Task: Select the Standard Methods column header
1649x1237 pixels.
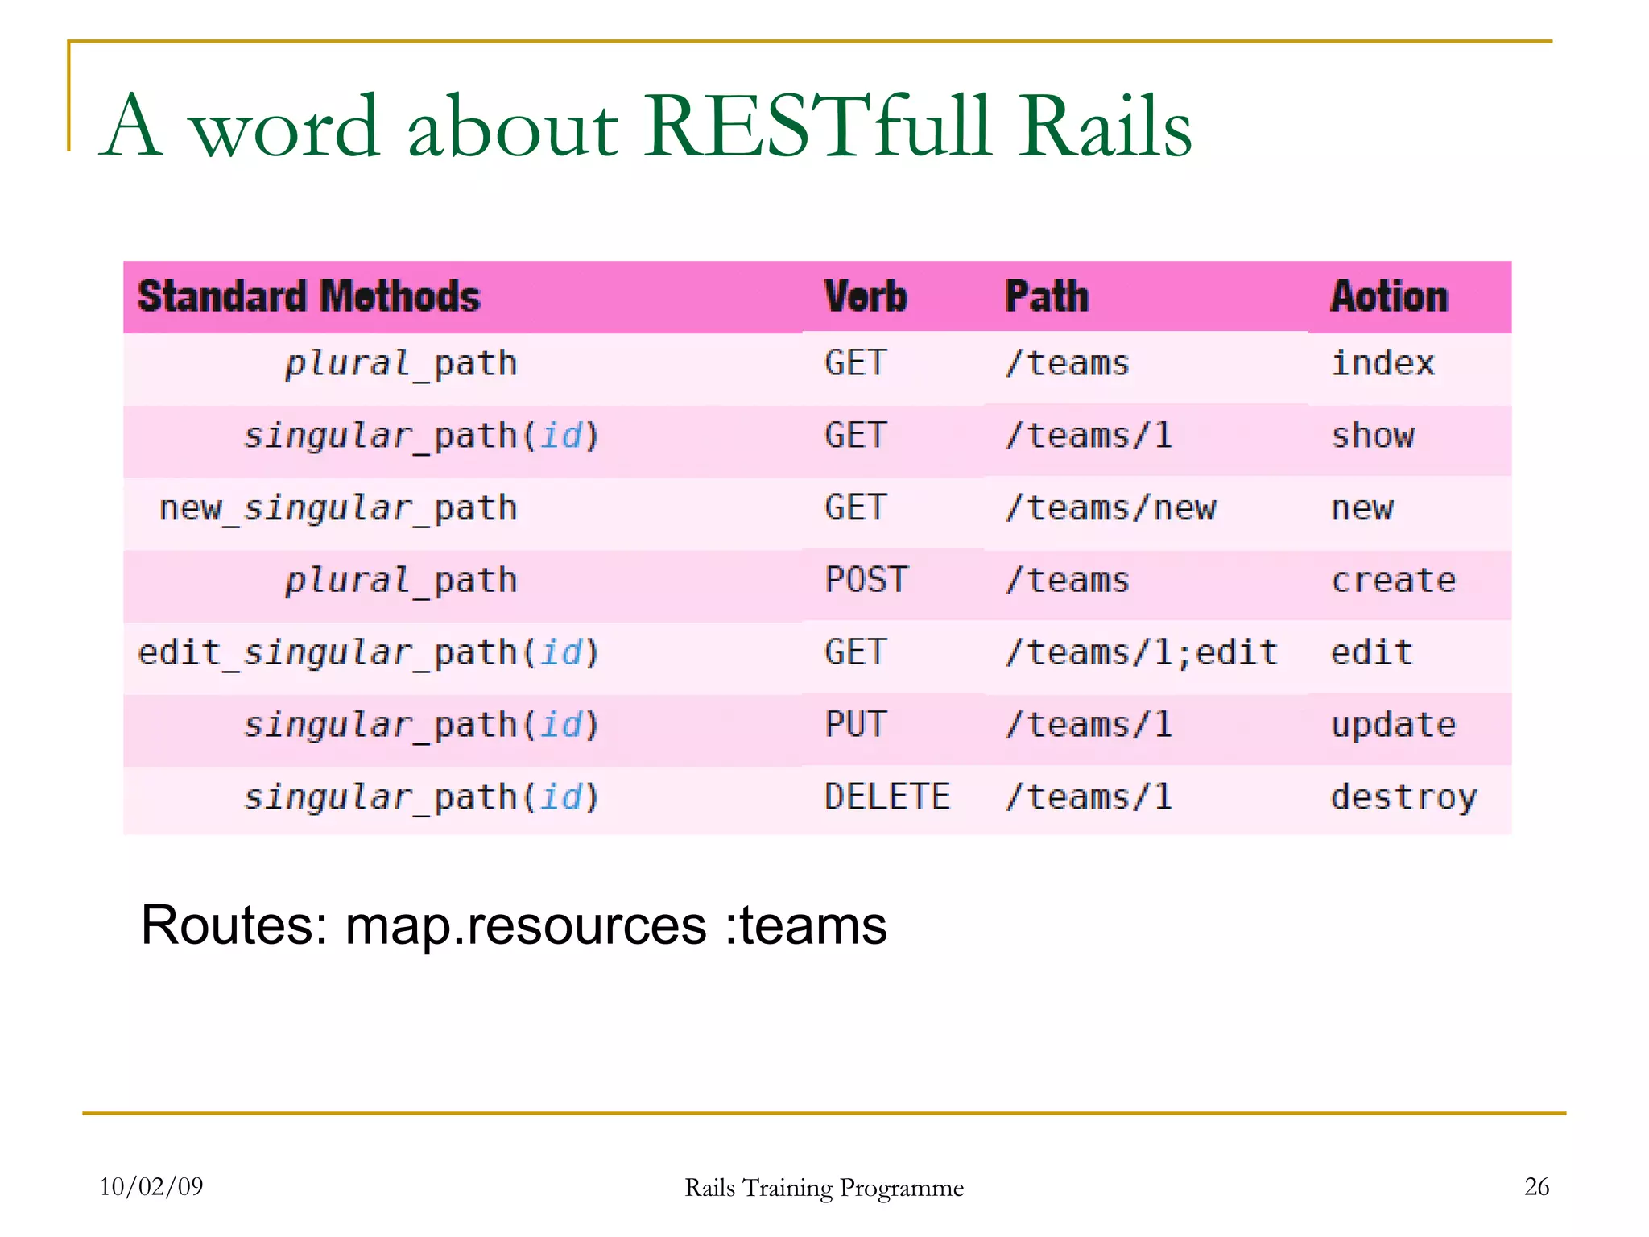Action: click(309, 296)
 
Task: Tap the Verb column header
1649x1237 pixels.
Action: click(866, 296)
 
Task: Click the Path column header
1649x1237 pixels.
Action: click(1046, 296)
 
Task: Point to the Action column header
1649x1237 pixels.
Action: click(1389, 296)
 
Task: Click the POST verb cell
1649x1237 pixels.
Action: click(866, 580)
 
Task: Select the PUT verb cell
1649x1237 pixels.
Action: click(855, 725)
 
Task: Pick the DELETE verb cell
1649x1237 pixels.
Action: click(887, 797)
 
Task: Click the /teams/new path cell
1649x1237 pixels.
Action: click(1110, 508)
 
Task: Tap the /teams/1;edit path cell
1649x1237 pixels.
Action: click(1141, 652)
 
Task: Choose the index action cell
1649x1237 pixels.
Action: click(1382, 363)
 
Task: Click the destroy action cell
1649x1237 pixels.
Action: click(1403, 797)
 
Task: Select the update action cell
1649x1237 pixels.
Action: click(1393, 725)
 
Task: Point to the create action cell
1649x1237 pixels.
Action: click(1393, 580)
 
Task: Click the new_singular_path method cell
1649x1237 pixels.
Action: click(338, 508)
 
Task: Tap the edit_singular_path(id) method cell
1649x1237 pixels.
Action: click(369, 652)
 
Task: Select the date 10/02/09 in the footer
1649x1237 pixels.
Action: click(151, 1186)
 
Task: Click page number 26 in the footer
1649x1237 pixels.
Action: click(1536, 1186)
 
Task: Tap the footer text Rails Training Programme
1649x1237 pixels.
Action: click(824, 1188)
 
